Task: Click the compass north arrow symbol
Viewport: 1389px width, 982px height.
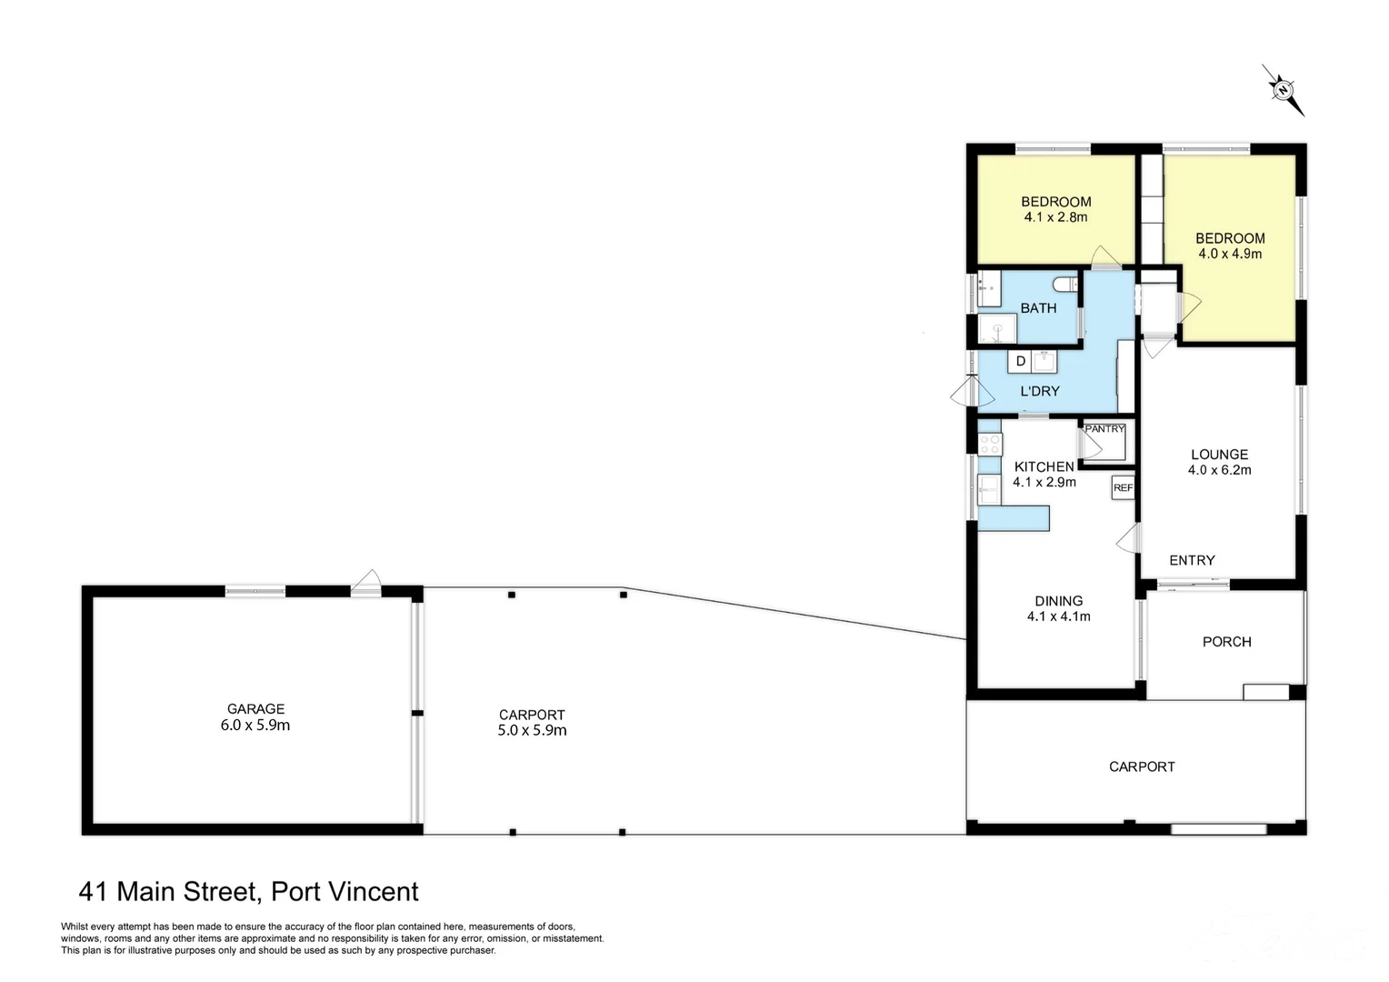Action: pyautogui.click(x=1284, y=90)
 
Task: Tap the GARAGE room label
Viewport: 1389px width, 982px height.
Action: pyautogui.click(x=255, y=708)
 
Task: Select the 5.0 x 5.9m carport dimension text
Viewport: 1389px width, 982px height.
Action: pyautogui.click(x=532, y=730)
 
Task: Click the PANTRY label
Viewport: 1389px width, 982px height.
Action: pyautogui.click(x=1105, y=428)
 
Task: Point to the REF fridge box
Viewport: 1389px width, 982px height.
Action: pyautogui.click(x=1123, y=488)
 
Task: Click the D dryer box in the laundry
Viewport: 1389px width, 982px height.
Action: pyautogui.click(x=1020, y=361)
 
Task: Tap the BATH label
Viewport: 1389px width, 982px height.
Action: pyautogui.click(x=1038, y=308)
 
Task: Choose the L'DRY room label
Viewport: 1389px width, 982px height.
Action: pyautogui.click(x=1040, y=391)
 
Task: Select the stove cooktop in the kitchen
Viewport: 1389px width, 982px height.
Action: pyautogui.click(x=990, y=444)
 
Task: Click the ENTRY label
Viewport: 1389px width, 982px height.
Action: pyautogui.click(x=1192, y=560)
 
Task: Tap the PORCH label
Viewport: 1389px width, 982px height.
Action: pyautogui.click(x=1226, y=641)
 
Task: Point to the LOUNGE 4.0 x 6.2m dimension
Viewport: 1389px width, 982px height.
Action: pyautogui.click(x=1219, y=470)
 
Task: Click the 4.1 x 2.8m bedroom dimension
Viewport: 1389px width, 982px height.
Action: pyautogui.click(x=1055, y=217)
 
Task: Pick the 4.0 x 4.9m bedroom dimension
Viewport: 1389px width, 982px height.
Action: pyautogui.click(x=1230, y=254)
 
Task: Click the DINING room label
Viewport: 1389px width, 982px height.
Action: pyautogui.click(x=1058, y=600)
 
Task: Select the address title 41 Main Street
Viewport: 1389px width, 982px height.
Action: pyautogui.click(x=249, y=891)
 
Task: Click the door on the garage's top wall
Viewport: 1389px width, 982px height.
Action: pyautogui.click(x=366, y=583)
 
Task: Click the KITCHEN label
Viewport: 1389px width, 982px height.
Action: pyautogui.click(x=1044, y=466)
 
